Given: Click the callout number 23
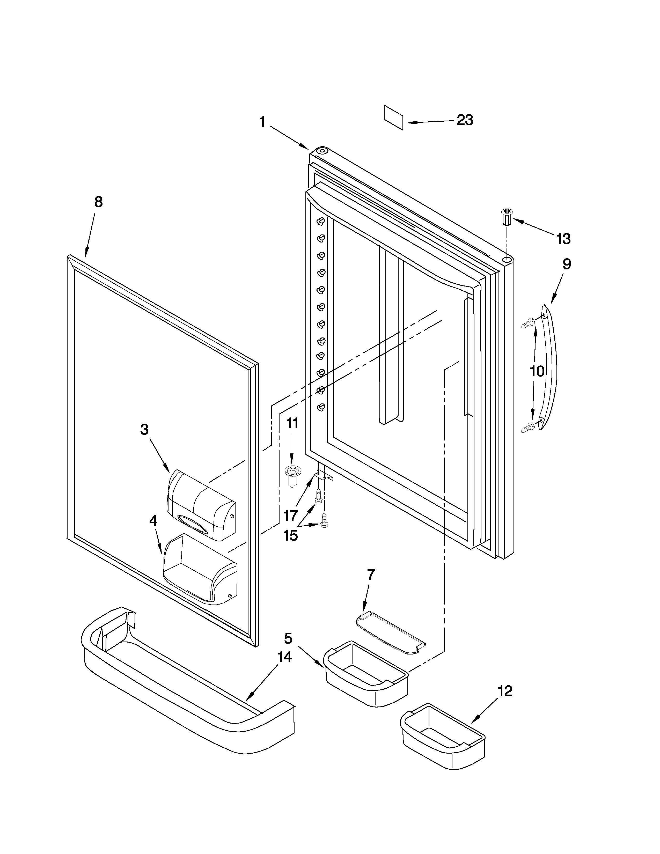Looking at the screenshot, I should pyautogui.click(x=465, y=120).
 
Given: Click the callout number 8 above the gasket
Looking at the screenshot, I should pyautogui.click(x=99, y=202).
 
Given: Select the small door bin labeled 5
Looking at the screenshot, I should pyautogui.click(x=365, y=673).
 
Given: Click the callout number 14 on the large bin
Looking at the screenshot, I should pyautogui.click(x=284, y=657).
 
